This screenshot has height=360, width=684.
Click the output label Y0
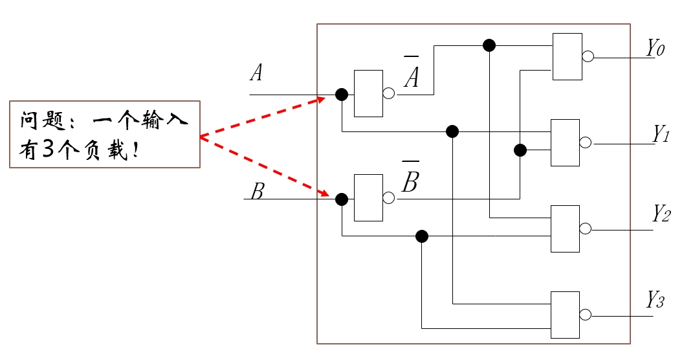[x=656, y=48]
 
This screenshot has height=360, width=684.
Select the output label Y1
[x=661, y=134]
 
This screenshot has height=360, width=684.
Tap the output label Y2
[x=661, y=214]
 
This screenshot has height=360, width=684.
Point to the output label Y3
[x=656, y=299]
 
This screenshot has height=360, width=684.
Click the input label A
[x=256, y=73]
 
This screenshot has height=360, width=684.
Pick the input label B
[x=258, y=191]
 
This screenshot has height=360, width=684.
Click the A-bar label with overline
[x=412, y=72]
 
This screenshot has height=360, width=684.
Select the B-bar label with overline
[x=410, y=177]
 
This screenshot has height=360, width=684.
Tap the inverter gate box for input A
[x=369, y=93]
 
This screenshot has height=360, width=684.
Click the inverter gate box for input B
[x=369, y=197]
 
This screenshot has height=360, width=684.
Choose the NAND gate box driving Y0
[x=568, y=57]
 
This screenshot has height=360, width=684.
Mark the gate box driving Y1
[x=566, y=142]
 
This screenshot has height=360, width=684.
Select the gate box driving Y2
[x=566, y=229]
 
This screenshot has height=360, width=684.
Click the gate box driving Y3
[x=566, y=315]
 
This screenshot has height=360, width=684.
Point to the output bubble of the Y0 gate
[x=588, y=56]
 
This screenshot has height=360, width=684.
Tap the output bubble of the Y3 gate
[x=586, y=315]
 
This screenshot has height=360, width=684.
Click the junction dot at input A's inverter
[x=342, y=95]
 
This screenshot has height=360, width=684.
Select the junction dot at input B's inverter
[x=342, y=199]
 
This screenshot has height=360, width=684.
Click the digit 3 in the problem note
[x=48, y=150]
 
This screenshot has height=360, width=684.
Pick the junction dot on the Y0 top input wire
[x=489, y=45]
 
